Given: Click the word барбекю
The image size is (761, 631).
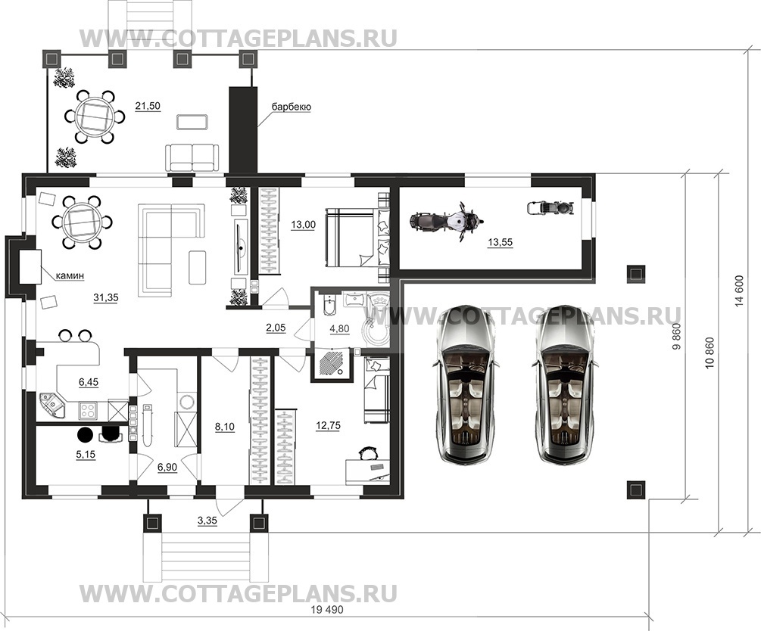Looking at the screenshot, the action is [x=292, y=107].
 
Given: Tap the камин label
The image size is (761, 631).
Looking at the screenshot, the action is [x=70, y=275].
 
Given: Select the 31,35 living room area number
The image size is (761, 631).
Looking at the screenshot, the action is [x=106, y=298].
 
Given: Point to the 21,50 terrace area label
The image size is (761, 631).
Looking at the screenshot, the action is [x=148, y=106].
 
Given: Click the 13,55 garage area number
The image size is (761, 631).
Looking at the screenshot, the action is [x=500, y=242].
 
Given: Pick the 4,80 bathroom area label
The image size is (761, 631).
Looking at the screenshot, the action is [x=339, y=329].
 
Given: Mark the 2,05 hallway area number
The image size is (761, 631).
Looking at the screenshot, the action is [x=275, y=328].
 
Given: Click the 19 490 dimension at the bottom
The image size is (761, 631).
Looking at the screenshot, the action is [x=326, y=610].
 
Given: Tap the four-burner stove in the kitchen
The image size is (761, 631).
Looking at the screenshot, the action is [x=88, y=410].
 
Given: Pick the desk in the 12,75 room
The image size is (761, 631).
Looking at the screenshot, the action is [x=367, y=471].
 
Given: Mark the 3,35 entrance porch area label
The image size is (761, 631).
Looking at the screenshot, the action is [x=207, y=521].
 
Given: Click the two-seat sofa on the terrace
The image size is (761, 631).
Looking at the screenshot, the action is [x=192, y=157].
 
